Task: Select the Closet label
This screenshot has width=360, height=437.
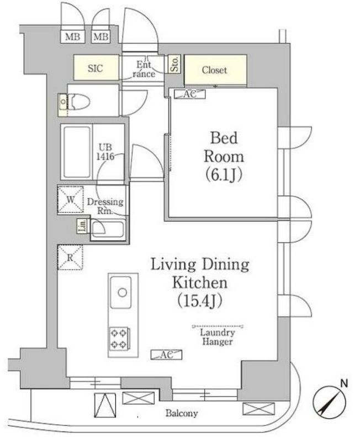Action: tap(214, 70)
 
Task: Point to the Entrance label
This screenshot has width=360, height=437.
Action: tap(144, 69)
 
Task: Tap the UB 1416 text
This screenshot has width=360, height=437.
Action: tap(107, 152)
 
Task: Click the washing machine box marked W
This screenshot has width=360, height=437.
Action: tap(70, 199)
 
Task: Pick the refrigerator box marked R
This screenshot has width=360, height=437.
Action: tap(70, 258)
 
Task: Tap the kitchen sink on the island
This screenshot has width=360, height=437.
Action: tap(121, 292)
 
